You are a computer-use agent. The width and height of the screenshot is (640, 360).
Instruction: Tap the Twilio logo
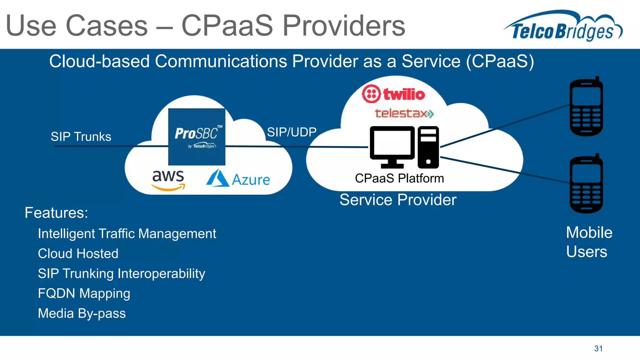pos(393,94)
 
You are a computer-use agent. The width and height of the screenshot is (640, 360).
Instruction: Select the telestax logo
pos(404,113)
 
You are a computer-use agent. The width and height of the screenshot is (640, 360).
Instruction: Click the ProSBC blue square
pos(197,137)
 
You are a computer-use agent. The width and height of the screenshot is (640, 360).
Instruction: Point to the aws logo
pos(168,180)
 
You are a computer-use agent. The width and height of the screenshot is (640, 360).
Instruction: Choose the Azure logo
pos(238,179)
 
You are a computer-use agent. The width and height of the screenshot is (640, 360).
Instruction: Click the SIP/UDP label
pos(292,132)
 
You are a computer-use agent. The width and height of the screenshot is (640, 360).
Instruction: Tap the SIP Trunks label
pos(81,137)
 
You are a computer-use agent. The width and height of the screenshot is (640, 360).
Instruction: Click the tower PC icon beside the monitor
pos(428,147)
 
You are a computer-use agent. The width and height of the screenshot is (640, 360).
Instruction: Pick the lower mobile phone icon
pos(586,184)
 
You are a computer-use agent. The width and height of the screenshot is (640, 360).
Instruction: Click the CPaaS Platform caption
pos(399,178)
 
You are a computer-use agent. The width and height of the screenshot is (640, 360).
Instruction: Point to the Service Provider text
pos(398,200)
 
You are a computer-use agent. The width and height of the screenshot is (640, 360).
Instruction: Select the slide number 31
pos(598,348)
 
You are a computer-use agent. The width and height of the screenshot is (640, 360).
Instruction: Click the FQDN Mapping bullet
pos(84,293)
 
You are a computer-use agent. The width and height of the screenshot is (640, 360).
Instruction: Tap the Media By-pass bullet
pos(82,313)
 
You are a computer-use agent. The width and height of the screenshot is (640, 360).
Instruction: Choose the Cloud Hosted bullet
pos(78,253)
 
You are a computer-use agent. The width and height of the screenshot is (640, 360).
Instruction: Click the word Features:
pos(56,213)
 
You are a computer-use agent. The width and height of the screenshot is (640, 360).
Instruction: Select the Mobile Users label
pos(589,242)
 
